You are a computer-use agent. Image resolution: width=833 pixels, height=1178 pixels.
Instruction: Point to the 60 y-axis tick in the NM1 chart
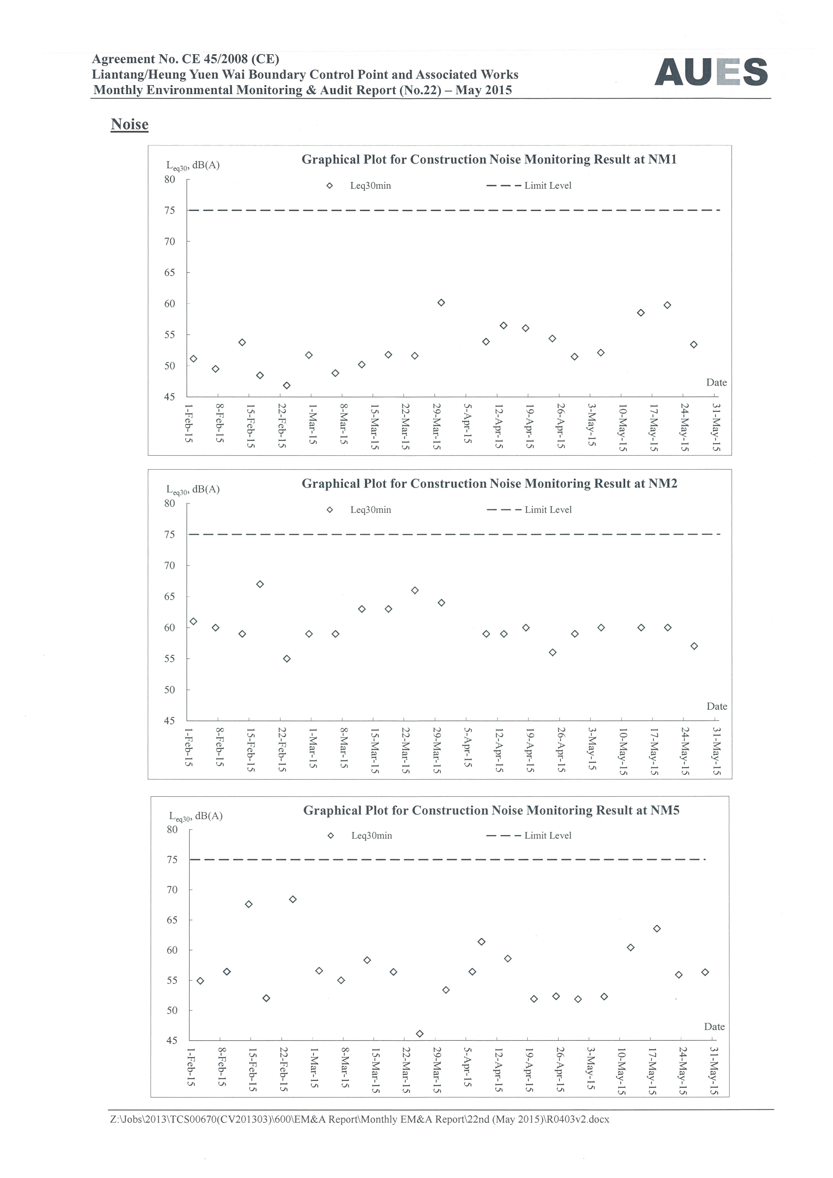[170, 304]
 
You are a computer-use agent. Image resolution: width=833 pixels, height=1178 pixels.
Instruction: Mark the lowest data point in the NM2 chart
[287, 659]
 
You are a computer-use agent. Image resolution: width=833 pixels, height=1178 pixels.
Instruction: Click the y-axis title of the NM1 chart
[193, 165]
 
